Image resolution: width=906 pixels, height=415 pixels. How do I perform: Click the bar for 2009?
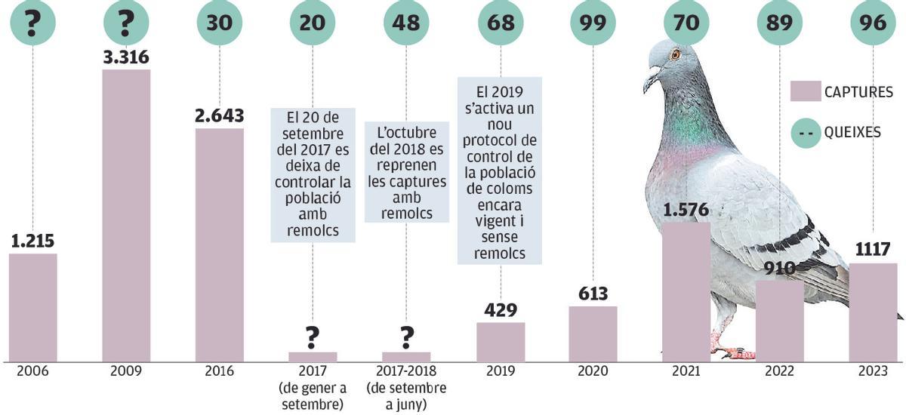[x=126, y=215]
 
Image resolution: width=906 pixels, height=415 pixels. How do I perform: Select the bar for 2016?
[x=220, y=244]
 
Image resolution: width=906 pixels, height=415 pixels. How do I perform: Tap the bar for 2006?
[x=32, y=307]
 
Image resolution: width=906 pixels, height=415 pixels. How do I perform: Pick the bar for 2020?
[x=593, y=334]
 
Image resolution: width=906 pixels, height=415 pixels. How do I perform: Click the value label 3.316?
[x=126, y=57]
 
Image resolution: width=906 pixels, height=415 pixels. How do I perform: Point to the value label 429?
[x=500, y=310]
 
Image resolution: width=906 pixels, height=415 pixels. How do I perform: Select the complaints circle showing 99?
[x=593, y=23]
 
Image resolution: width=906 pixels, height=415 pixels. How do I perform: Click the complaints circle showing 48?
[x=406, y=23]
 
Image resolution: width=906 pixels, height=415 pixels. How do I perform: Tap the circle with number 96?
[x=873, y=23]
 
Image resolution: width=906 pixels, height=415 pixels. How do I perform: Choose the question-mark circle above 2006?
[x=32, y=23]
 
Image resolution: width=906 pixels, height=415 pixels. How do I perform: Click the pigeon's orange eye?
[x=675, y=54]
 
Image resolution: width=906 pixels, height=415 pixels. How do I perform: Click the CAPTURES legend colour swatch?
[x=805, y=91]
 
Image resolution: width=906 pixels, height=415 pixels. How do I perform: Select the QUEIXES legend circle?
[x=805, y=132]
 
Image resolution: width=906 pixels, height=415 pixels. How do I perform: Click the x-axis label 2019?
[x=500, y=371]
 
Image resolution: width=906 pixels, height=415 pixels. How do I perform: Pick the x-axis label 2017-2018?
[x=406, y=371]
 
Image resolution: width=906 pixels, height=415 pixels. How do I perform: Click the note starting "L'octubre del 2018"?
[x=406, y=172]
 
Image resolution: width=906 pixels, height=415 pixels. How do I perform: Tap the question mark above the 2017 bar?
[x=313, y=337]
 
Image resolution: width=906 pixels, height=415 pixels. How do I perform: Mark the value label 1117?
[x=873, y=249]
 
